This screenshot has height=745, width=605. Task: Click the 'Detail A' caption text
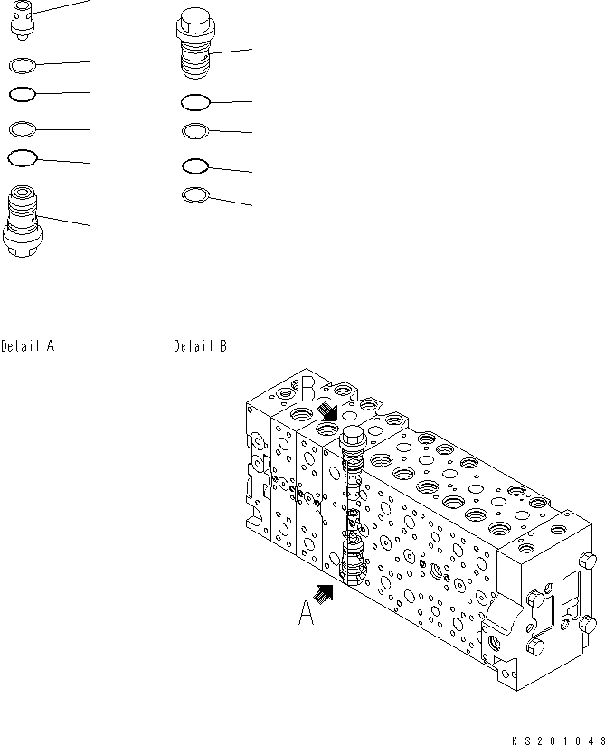[28, 345]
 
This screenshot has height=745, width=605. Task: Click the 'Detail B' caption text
[200, 345]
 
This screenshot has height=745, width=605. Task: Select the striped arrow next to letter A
[325, 592]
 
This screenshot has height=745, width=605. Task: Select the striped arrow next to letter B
[327, 411]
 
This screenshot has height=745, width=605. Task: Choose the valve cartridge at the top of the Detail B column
[196, 44]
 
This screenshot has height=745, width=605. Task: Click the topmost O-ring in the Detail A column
[22, 64]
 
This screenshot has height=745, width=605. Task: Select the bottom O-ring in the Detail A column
[22, 158]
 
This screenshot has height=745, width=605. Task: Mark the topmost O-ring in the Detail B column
[196, 101]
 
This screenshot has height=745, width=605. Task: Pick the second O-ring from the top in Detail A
[22, 93]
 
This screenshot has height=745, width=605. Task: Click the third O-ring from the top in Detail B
[196, 165]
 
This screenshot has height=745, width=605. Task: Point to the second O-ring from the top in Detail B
[196, 131]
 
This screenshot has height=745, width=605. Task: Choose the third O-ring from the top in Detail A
[22, 127]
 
